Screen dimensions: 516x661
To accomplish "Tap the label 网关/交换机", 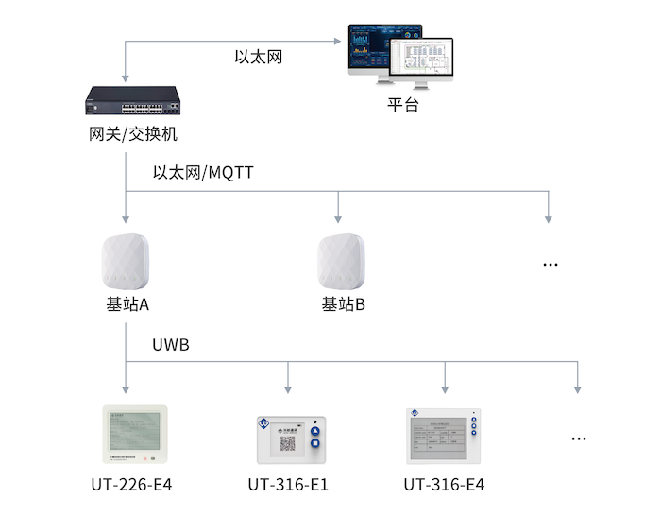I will [x=127, y=134].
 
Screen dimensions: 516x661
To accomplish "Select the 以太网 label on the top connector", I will [x=257, y=57].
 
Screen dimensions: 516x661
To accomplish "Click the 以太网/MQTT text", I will [x=203, y=173].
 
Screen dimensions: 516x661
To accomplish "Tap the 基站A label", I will [x=127, y=305].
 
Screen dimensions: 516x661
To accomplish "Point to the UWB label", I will [x=171, y=346].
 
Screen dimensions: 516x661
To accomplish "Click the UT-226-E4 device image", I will [x=133, y=434].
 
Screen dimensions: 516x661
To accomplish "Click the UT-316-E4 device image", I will [x=444, y=436].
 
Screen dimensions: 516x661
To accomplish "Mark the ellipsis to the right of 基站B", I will [x=550, y=265].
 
